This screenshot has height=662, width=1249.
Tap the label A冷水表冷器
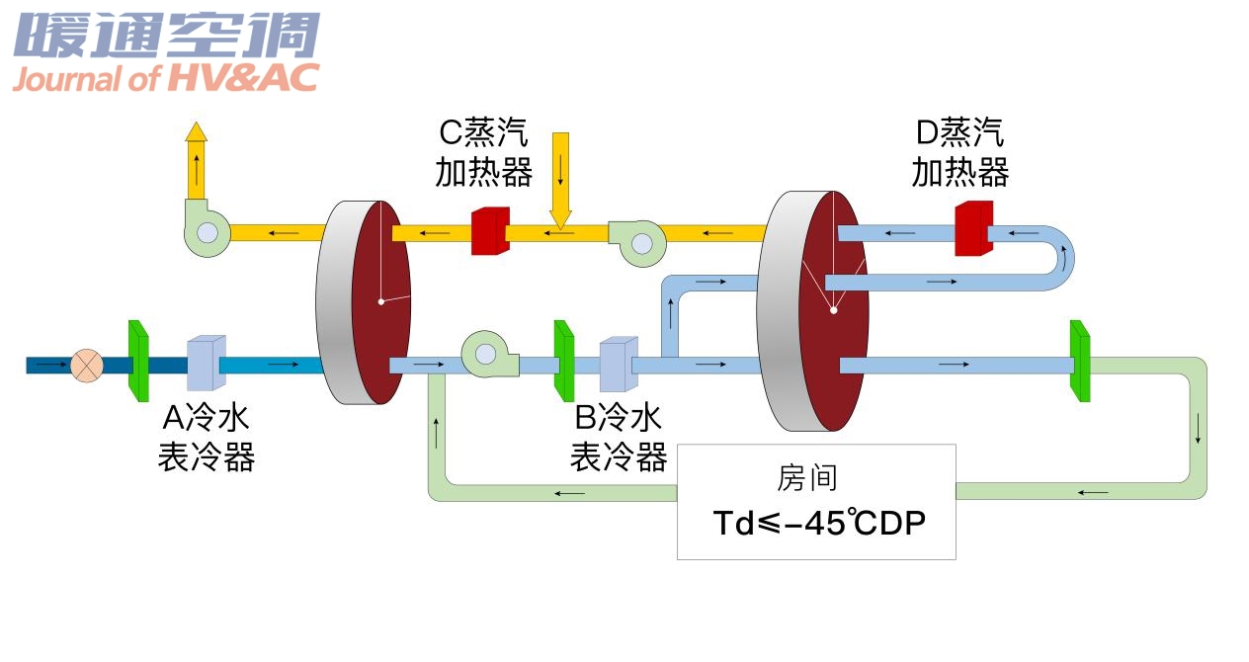click(207, 439)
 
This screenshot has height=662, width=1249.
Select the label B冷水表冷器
click(619, 439)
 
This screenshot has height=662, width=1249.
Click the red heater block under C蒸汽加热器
click(489, 231)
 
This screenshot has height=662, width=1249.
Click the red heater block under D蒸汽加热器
click(972, 229)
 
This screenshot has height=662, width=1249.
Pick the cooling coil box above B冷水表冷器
click(618, 366)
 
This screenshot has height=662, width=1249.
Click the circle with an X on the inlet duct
click(87, 366)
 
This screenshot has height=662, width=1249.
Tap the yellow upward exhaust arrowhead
click(197, 131)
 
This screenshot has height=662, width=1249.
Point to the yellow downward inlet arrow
click(561, 178)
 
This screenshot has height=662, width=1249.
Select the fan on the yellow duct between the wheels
click(637, 242)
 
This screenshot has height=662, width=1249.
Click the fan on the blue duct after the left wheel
click(489, 354)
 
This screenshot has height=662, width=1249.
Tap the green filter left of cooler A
click(138, 362)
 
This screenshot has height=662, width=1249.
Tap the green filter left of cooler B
click(563, 362)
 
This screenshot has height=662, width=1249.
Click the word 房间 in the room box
click(807, 479)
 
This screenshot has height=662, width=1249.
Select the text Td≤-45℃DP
click(819, 523)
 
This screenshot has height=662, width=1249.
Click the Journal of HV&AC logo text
click(165, 78)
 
